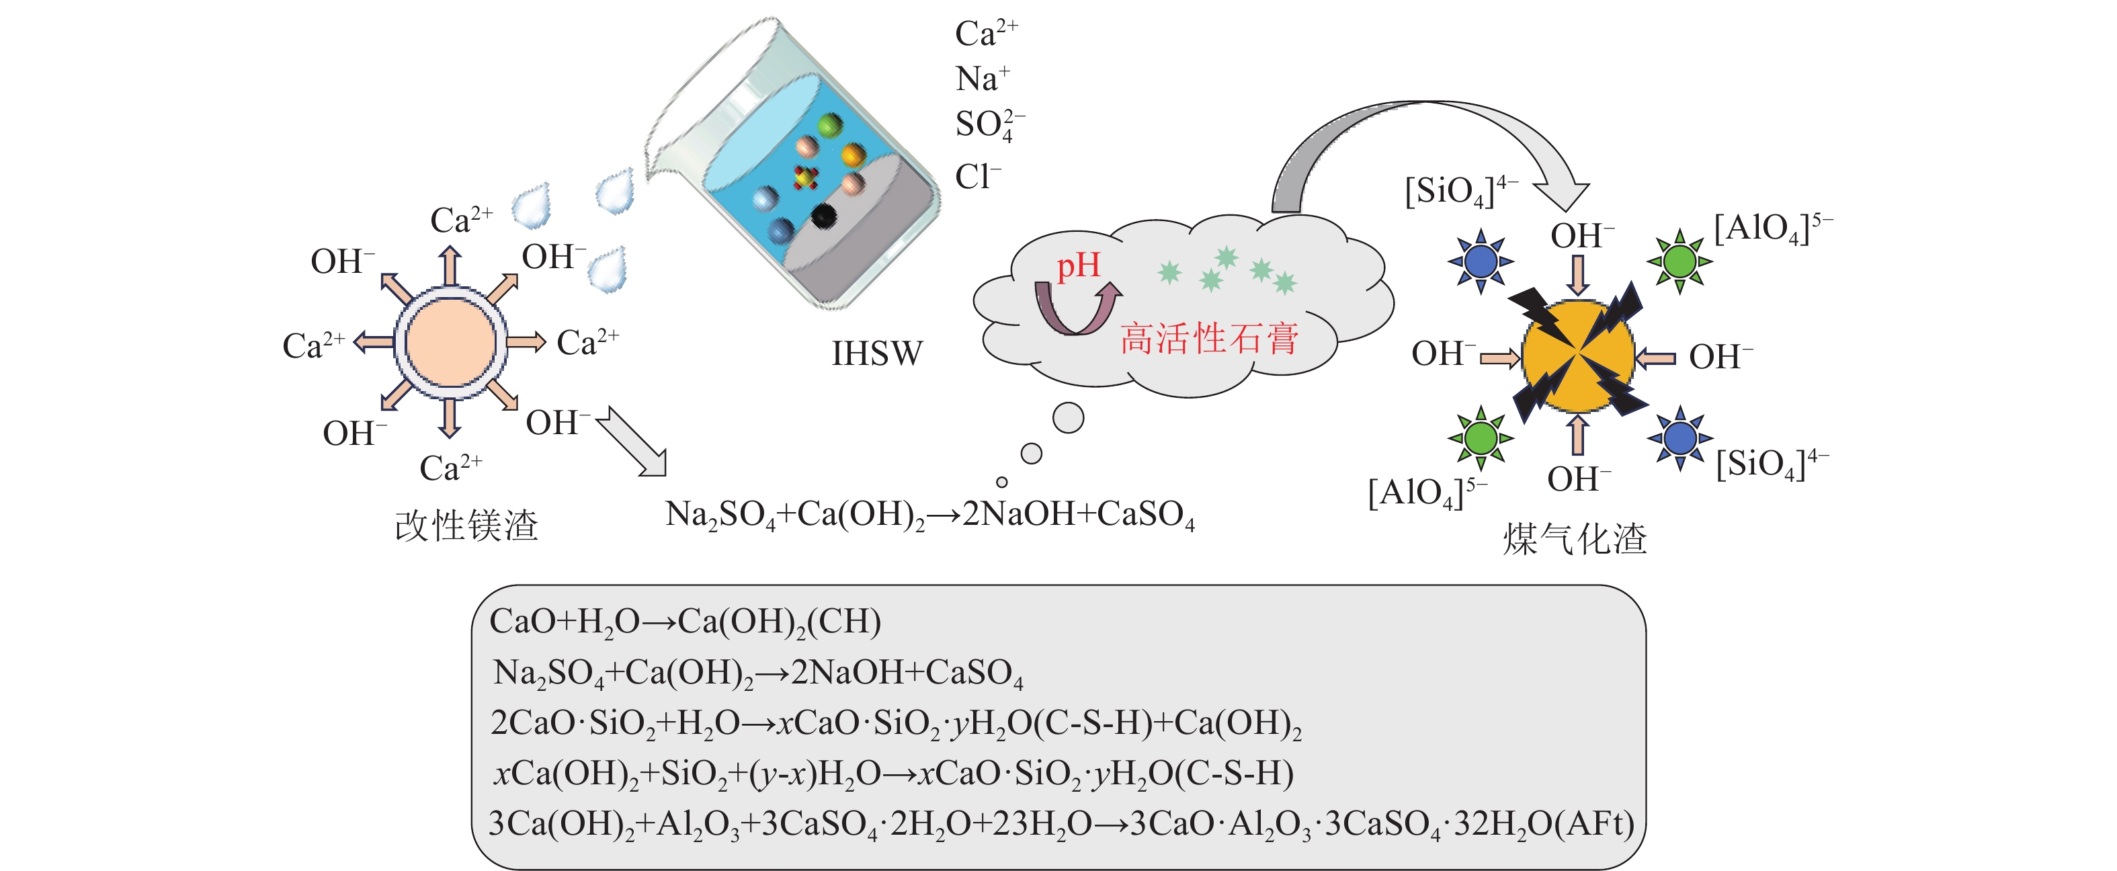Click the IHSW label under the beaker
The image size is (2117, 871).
tap(876, 354)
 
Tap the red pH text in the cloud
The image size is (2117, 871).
tap(1077, 265)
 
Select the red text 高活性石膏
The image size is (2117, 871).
tap(1209, 339)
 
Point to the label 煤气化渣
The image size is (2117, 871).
tap(1575, 539)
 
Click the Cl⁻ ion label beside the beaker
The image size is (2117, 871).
tap(977, 177)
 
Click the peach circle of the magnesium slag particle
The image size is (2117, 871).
tap(450, 342)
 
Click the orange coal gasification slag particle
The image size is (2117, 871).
tap(1578, 356)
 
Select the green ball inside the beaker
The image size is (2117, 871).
tap(830, 126)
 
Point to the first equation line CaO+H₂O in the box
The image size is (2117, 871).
tap(685, 621)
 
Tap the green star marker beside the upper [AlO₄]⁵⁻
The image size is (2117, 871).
tap(1679, 261)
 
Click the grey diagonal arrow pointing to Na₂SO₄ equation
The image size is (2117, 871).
tap(634, 442)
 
